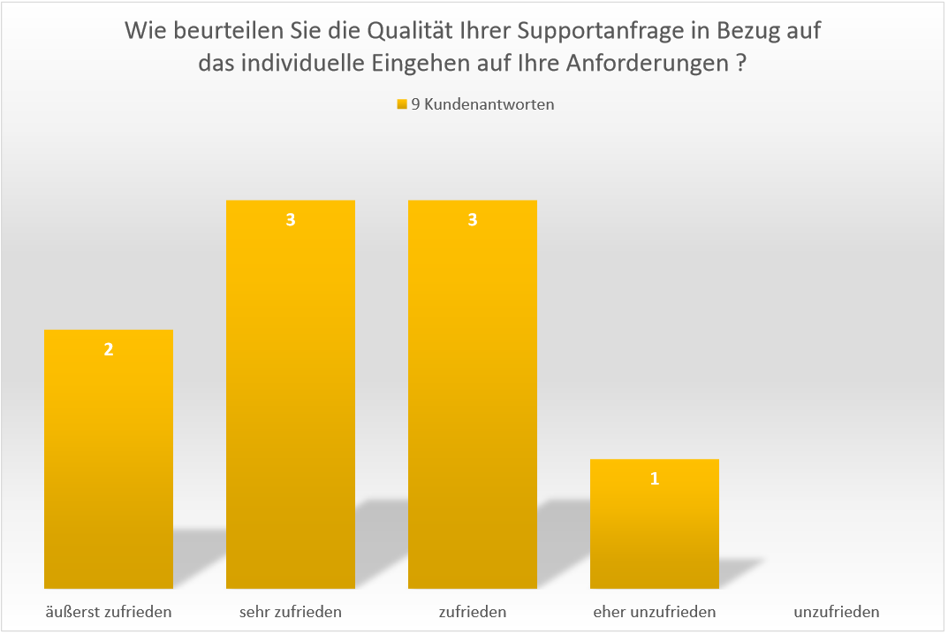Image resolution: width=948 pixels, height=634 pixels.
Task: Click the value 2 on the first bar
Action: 109,349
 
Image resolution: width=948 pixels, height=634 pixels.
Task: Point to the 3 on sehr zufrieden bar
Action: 291,220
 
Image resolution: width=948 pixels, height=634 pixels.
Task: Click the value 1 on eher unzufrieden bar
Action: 655,479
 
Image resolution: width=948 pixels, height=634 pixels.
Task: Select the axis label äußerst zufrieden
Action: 109,611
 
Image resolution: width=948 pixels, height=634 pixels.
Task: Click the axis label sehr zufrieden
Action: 291,611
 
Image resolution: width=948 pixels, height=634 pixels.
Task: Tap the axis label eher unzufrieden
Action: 655,611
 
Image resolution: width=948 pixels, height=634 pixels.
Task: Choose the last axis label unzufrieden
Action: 837,611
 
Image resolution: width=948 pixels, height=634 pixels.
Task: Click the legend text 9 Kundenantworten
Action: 483,104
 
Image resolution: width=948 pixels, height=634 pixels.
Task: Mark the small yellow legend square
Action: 402,104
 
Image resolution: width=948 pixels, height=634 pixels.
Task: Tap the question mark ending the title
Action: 739,65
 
